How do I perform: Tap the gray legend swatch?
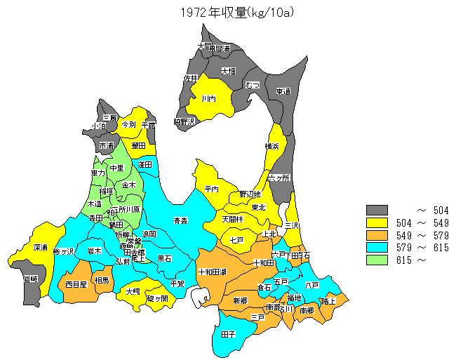(x=377, y=211)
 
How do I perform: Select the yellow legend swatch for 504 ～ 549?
(x=377, y=223)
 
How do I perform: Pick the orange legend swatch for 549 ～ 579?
(x=377, y=235)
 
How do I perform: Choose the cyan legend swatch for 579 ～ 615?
(x=377, y=248)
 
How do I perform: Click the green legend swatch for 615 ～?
(x=377, y=260)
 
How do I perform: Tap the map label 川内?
(x=208, y=99)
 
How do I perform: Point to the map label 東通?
(x=283, y=91)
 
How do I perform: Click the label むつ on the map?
(x=253, y=85)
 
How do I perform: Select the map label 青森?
(x=180, y=221)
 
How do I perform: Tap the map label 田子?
(x=228, y=335)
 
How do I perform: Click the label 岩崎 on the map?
(x=30, y=279)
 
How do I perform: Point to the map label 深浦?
(x=40, y=248)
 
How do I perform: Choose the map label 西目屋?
(x=76, y=284)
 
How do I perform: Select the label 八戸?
(x=312, y=286)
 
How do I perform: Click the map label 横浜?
(x=272, y=146)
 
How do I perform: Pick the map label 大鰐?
(x=133, y=291)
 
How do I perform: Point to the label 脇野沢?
(x=184, y=122)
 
